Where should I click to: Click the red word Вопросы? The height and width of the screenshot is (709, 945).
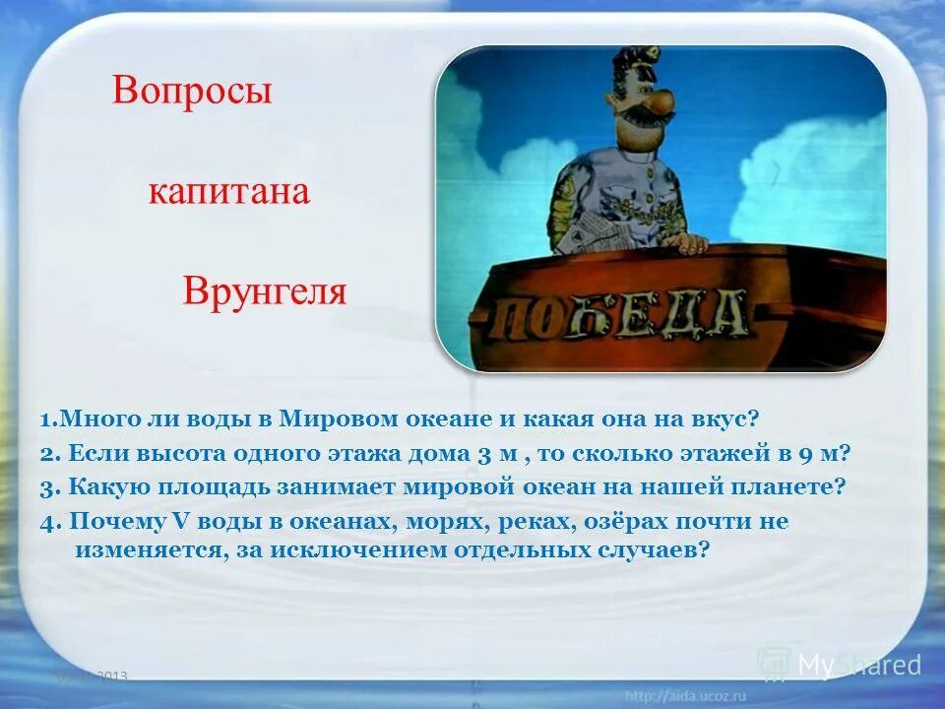pos(192,92)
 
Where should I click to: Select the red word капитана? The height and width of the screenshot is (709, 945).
pos(229,192)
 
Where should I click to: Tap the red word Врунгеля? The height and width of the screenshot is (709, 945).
pos(265,292)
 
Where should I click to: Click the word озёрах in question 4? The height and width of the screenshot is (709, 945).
pos(622,521)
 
